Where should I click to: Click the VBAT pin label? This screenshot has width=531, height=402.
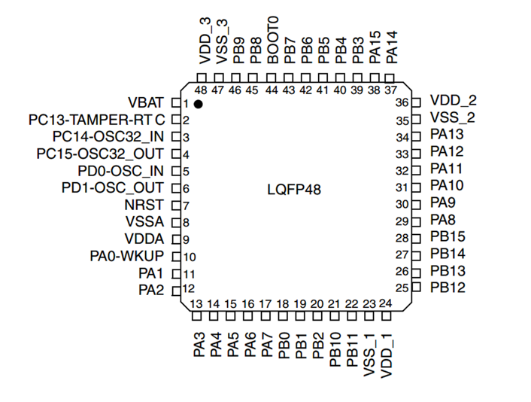point(145,102)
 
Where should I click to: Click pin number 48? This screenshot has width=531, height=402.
point(200,90)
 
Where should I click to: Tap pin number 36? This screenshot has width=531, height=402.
point(402,102)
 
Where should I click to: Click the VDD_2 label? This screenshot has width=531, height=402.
point(454,100)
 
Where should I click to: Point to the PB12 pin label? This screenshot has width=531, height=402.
point(448,288)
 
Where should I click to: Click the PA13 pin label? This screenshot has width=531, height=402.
point(447,135)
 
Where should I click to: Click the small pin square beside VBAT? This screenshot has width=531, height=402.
point(175,102)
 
